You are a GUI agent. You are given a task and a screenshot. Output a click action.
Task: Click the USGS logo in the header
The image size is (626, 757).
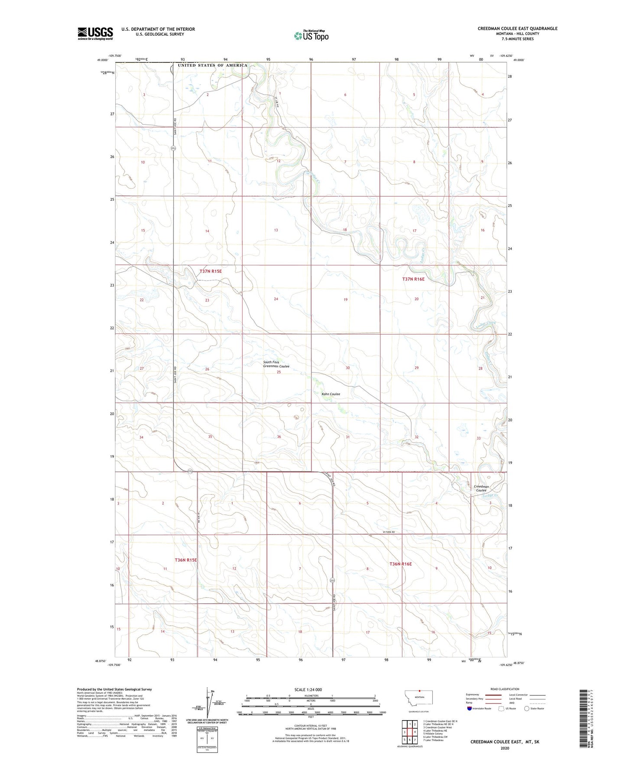click(x=95, y=33)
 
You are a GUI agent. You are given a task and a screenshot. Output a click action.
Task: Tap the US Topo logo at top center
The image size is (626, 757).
click(x=311, y=36)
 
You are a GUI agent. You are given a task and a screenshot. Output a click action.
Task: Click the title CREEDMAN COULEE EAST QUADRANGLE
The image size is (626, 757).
click(x=517, y=29)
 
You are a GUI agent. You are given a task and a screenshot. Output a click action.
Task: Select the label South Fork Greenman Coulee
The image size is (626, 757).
click(x=276, y=364)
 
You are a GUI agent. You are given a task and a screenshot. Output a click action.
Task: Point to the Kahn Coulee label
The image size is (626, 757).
click(x=331, y=394)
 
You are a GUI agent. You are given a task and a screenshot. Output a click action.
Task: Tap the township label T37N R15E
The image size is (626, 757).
click(x=211, y=271)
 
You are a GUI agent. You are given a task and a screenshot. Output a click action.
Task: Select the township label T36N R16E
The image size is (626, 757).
click(x=400, y=564)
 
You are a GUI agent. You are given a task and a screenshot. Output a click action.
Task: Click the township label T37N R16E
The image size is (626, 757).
click(x=413, y=279)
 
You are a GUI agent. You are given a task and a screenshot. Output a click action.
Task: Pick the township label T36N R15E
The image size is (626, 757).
click(x=186, y=560)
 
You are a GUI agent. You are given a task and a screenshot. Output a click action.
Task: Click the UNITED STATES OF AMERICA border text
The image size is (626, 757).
click(x=212, y=65)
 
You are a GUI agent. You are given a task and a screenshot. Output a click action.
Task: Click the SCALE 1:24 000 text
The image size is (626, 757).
click(x=308, y=690)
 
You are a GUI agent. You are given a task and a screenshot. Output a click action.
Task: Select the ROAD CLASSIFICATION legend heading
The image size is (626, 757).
click(x=505, y=689)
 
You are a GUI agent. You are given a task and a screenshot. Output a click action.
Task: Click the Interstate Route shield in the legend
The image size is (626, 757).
click(x=470, y=708)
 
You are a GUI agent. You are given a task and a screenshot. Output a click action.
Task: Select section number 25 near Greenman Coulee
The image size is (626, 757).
click(x=279, y=372)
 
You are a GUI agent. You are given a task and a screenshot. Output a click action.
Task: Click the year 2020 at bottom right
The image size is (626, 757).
click(x=505, y=748)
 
